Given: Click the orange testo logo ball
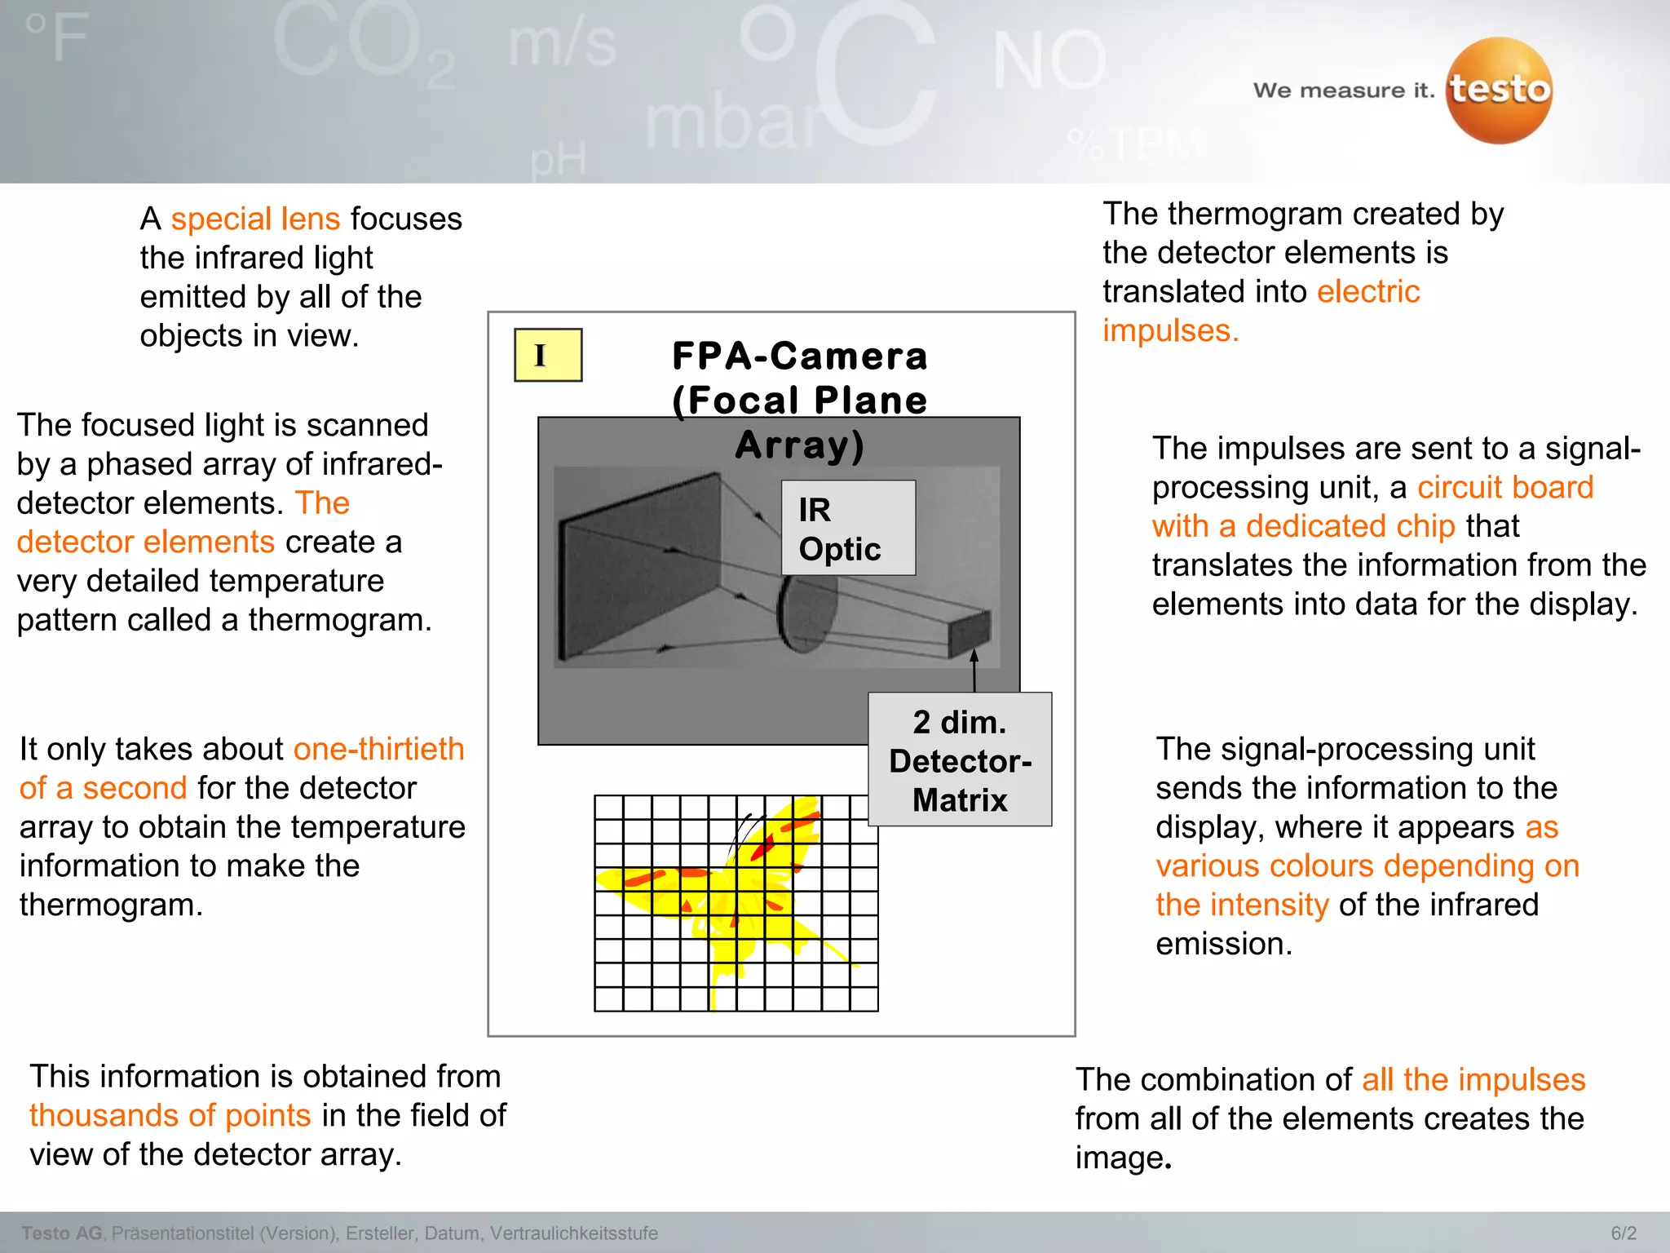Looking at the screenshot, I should click(1499, 91).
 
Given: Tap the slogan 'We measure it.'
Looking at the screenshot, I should click(1343, 91).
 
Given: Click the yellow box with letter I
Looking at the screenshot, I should click(548, 355).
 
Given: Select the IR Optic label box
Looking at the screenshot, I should click(848, 528).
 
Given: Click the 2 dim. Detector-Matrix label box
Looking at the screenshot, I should click(960, 759).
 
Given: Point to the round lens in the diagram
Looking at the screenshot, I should click(806, 613).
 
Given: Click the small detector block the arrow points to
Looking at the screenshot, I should click(970, 632).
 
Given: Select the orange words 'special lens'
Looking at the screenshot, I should click(255, 219).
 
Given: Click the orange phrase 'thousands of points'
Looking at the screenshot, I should click(170, 1115).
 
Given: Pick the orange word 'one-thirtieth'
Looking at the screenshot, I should click(378, 749).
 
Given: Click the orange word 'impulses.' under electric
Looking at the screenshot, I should click(1170, 330).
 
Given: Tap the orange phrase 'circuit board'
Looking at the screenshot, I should click(1504, 487).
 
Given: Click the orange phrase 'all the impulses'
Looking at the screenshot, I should click(1473, 1079).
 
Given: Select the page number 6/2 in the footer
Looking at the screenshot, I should click(1624, 1233).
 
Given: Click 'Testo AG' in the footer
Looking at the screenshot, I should click(62, 1233).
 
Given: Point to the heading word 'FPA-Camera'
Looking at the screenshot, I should click(799, 356).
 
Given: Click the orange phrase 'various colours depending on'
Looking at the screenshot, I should click(1367, 866).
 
